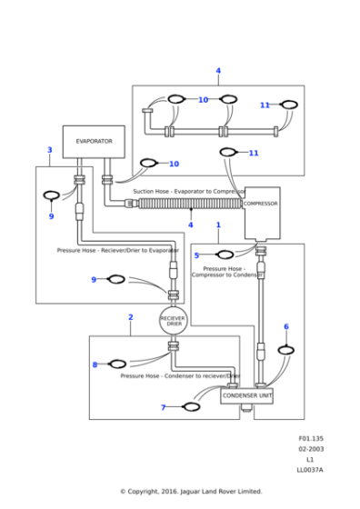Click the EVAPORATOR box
coord(94,142)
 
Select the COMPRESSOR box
coord(261,204)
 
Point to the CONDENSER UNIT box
coord(246,395)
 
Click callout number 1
coord(218,224)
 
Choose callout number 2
coord(130,317)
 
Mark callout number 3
coord(49,149)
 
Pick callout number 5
coord(196,255)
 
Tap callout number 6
coord(285,326)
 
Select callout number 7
coord(164,407)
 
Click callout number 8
coord(95,364)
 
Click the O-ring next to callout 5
coord(225,254)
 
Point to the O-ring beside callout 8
coord(117,364)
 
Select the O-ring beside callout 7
coord(191,406)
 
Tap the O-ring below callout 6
coord(285,349)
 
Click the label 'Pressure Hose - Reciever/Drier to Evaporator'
coord(117,250)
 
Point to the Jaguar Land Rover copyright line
coord(191,492)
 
